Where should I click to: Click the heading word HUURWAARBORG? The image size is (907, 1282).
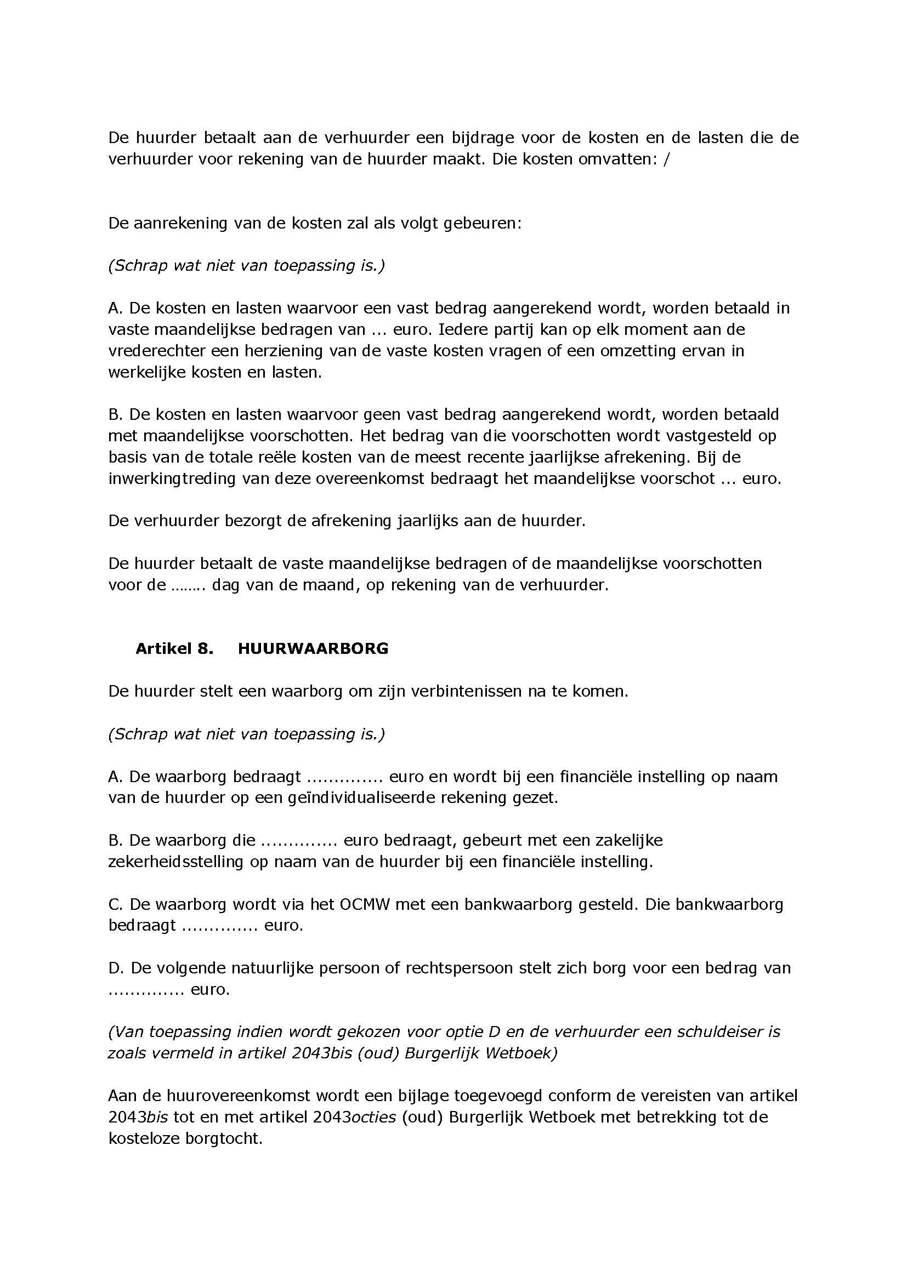tap(313, 648)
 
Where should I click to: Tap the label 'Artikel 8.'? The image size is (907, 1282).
tap(174, 648)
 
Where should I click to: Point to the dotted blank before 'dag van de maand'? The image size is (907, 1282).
tap(189, 585)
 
